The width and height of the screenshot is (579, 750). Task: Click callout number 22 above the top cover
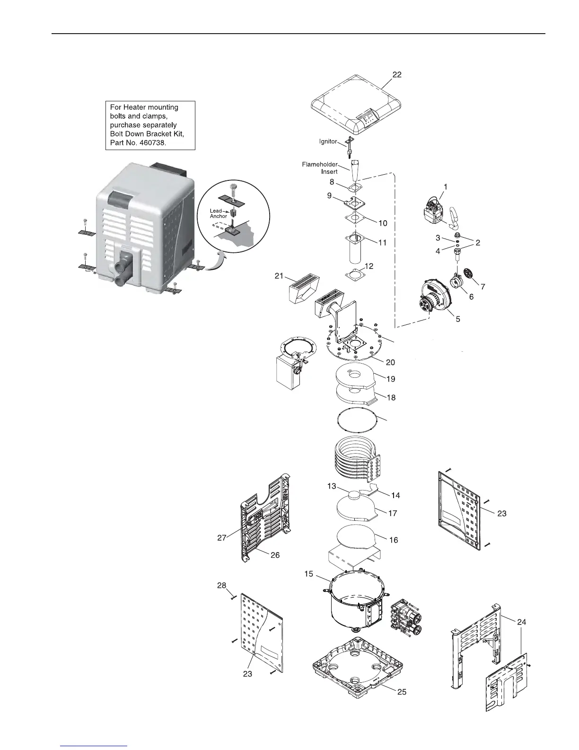pos(396,74)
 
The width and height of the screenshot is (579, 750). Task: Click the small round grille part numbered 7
pos(469,274)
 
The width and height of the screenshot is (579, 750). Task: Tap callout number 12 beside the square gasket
pos(368,267)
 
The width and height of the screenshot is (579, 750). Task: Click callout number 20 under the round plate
pos(390,362)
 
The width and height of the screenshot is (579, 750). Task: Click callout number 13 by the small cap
pos(332,486)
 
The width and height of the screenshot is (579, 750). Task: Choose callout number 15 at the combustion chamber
pos(309,574)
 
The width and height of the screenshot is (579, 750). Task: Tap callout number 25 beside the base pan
pos(401,692)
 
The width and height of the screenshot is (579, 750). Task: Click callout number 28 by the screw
pos(221,586)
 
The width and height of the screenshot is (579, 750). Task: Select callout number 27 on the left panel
pos(221,537)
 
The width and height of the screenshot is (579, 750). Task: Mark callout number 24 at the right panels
pos(522,622)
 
